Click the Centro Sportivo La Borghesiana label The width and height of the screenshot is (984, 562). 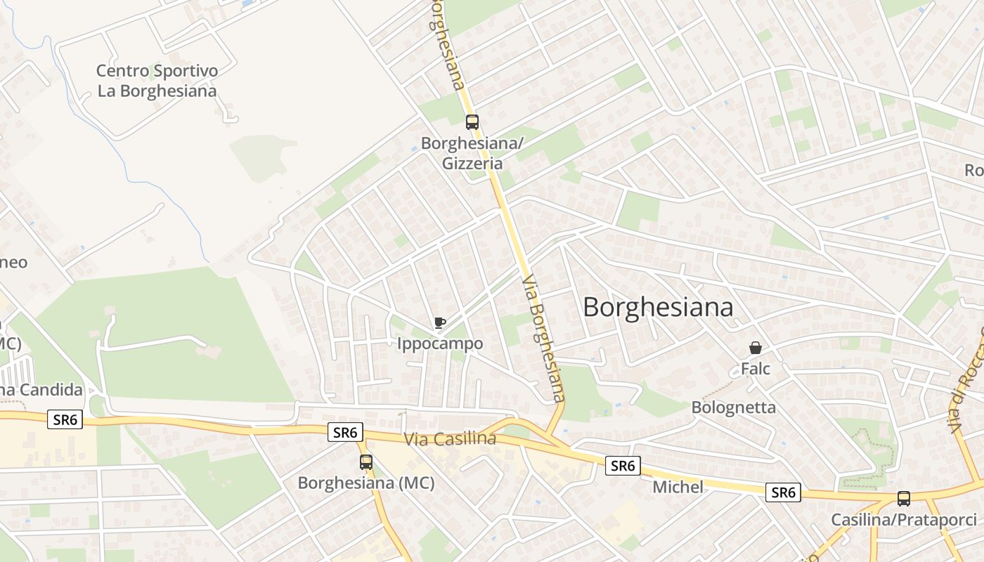pos(157,81)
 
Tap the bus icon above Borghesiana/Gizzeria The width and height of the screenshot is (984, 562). pos(472,122)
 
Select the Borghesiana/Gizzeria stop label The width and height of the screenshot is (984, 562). pos(472,153)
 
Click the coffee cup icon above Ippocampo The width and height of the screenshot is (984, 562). pos(440,323)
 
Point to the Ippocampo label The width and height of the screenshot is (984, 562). pos(440,344)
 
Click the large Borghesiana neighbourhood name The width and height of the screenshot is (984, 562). pos(658,307)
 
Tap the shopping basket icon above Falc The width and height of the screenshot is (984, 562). pos(756,348)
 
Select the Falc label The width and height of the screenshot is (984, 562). pos(756,369)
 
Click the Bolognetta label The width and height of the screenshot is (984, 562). pos(733,407)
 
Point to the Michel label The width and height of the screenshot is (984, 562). pos(678,487)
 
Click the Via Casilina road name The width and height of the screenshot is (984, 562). pos(450,439)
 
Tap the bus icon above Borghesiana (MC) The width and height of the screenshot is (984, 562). pos(366,462)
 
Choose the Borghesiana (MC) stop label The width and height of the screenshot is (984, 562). pos(366,483)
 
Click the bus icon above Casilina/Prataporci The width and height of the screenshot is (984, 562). pos(904,499)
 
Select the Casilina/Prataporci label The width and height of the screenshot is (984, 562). pos(904,520)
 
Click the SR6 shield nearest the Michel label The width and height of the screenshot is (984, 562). pos(623,465)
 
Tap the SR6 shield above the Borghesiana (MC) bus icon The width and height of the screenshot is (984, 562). pos(345,432)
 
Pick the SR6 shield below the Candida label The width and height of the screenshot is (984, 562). pos(65,420)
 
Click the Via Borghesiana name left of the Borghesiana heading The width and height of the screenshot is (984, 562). pos(544,338)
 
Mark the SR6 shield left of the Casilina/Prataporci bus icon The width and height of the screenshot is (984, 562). pos(783,492)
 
